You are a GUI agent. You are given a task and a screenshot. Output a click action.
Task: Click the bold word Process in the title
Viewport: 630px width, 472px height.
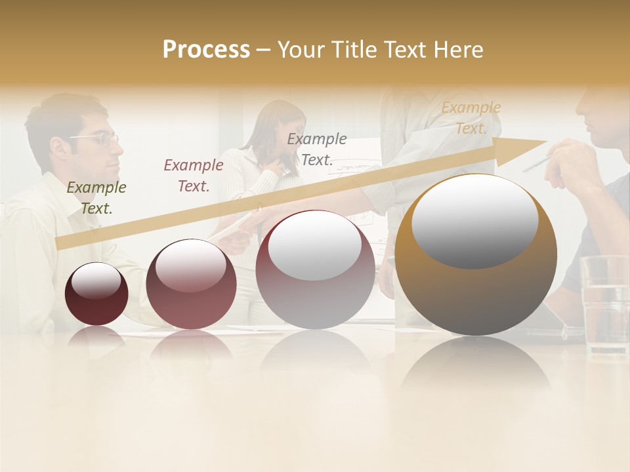point(206,49)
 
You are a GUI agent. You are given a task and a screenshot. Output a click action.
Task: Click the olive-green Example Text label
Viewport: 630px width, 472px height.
point(96,198)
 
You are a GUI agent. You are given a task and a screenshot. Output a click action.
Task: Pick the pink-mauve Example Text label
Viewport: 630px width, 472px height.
point(193,176)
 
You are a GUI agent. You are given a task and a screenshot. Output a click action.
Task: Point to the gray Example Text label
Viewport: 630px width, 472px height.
point(317,149)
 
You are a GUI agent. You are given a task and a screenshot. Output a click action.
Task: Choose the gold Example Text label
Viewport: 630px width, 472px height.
point(471,118)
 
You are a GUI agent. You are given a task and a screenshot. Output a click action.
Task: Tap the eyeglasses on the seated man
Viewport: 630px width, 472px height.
point(98,138)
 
